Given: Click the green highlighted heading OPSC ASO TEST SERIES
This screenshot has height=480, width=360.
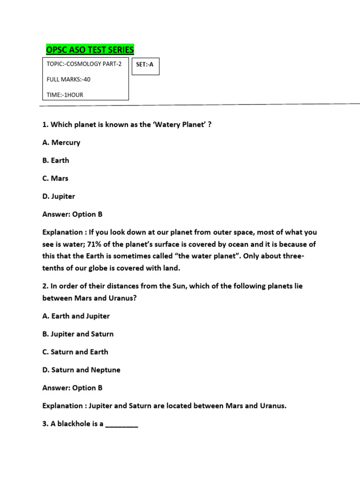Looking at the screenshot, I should [90, 50].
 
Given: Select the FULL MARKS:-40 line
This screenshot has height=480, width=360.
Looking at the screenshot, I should [68, 79].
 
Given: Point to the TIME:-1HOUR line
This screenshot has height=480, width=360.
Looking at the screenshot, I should [65, 95].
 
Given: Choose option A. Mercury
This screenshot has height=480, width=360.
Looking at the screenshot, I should [61, 142].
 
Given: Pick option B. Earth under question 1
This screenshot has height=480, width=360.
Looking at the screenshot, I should [56, 160].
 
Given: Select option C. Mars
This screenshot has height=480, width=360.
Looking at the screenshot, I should [55, 178].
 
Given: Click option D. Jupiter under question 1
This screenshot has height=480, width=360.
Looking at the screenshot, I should [59, 196].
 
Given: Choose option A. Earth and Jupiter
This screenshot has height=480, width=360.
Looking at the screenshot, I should [76, 316].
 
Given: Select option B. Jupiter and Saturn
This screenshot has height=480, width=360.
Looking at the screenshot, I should [78, 334].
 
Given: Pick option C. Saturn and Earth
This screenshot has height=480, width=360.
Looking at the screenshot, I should [75, 352].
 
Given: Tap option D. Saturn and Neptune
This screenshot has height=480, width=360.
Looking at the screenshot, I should [81, 370].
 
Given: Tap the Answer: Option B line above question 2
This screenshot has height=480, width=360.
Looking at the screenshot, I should [72, 214].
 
